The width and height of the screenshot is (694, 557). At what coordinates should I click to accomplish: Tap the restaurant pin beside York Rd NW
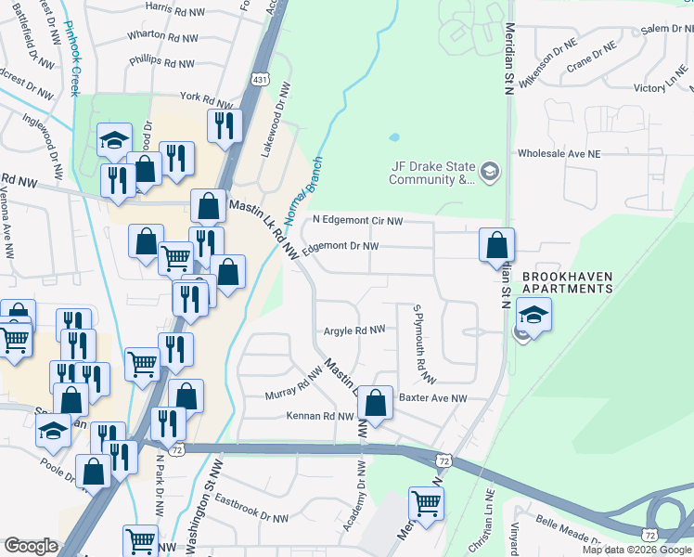pyautogui.click(x=224, y=123)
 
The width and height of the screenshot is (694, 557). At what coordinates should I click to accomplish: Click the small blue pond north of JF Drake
pyautogui.click(x=394, y=137)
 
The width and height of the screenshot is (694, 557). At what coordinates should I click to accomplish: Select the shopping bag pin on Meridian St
pyautogui.click(x=497, y=244)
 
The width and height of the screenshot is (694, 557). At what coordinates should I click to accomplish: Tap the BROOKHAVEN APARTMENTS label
pyautogui.click(x=567, y=282)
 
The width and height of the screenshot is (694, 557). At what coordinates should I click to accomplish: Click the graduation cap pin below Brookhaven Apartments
pyautogui.click(x=533, y=313)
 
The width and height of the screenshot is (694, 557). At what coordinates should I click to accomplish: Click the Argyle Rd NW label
pyautogui.click(x=353, y=330)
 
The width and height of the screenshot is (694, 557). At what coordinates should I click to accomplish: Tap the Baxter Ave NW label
pyautogui.click(x=432, y=398)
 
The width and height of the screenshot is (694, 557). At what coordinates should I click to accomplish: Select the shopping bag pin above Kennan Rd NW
pyautogui.click(x=375, y=403)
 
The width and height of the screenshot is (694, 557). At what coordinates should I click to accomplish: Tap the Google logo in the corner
pyautogui.click(x=31, y=546)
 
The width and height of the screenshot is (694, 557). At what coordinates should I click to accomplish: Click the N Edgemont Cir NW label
pyautogui.click(x=358, y=221)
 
